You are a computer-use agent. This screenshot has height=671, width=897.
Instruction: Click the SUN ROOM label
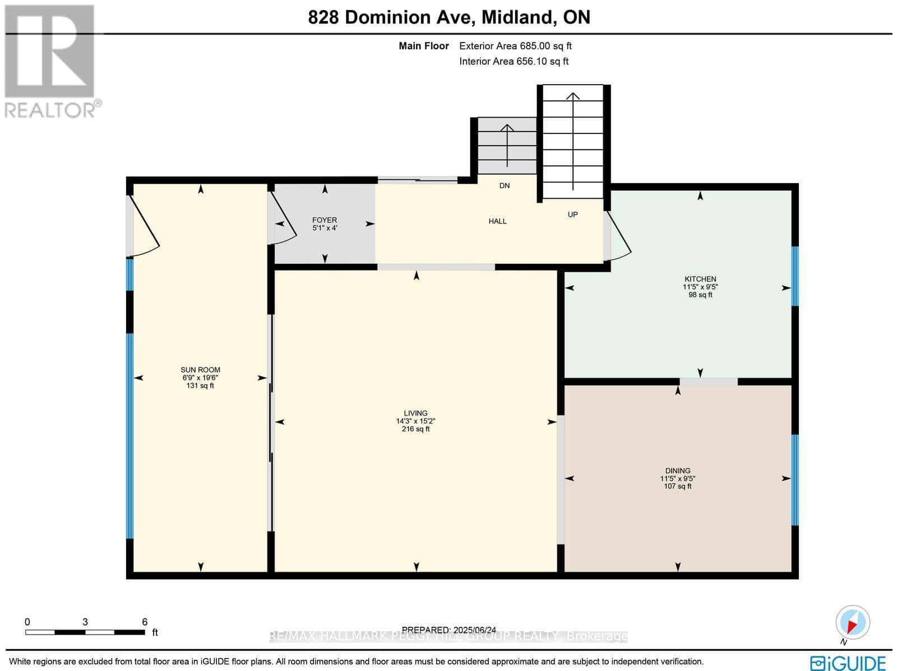[200, 370]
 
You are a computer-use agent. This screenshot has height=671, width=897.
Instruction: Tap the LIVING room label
[415, 413]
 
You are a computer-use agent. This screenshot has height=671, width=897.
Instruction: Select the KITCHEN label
[700, 279]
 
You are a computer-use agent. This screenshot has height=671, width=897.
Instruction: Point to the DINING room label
[678, 471]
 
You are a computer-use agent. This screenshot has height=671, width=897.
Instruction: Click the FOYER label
[325, 220]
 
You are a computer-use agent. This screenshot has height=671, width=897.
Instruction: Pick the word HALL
[497, 221]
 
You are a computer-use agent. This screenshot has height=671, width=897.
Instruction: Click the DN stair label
[505, 185]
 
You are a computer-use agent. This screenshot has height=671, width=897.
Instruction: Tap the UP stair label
[572, 215]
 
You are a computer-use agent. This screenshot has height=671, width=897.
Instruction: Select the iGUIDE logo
[848, 663]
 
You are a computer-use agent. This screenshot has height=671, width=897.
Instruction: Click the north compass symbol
[853, 623]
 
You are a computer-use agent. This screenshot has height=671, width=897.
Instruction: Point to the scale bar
[85, 632]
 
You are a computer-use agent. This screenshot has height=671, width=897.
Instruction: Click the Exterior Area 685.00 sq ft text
[515, 46]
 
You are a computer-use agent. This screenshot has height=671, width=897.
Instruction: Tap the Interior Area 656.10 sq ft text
[514, 62]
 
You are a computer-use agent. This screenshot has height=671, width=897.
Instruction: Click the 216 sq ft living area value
[415, 429]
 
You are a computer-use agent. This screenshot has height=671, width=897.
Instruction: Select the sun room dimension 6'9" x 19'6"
[200, 378]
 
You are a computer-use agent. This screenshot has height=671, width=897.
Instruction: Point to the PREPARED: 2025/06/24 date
[449, 630]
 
